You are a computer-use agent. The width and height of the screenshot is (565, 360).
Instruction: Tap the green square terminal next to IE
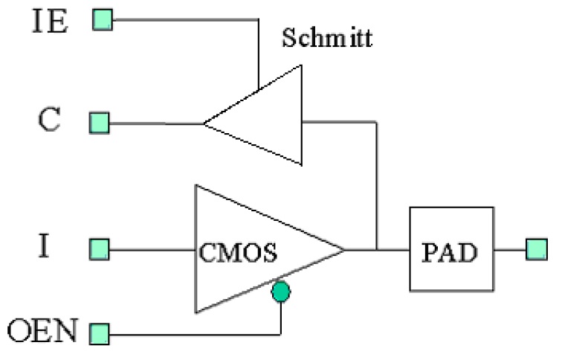(x=102, y=19)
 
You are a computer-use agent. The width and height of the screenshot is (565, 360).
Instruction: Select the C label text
(x=49, y=121)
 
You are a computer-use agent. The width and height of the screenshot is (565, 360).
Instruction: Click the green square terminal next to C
(x=99, y=123)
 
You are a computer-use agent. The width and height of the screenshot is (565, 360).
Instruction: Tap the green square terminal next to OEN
(x=99, y=332)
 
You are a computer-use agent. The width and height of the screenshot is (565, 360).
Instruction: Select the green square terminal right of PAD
(x=536, y=249)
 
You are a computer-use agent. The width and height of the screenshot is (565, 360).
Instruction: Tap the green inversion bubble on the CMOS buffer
(x=280, y=292)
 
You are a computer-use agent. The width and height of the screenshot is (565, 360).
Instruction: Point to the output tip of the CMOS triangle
(x=344, y=249)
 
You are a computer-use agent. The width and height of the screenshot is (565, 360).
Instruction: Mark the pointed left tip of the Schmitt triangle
(x=205, y=123)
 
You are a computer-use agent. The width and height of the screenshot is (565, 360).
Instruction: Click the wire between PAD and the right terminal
(x=510, y=250)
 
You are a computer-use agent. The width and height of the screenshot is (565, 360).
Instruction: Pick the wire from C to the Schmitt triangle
(x=156, y=123)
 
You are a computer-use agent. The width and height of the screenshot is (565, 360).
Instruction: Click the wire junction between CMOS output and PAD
(x=379, y=250)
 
